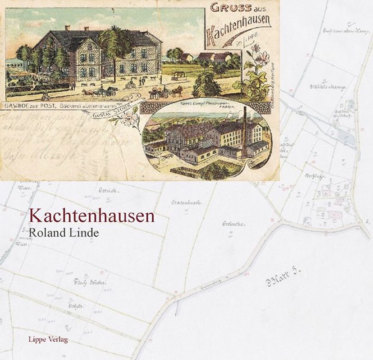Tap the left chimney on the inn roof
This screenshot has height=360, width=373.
(68, 28)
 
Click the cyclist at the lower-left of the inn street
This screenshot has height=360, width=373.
(45, 96)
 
